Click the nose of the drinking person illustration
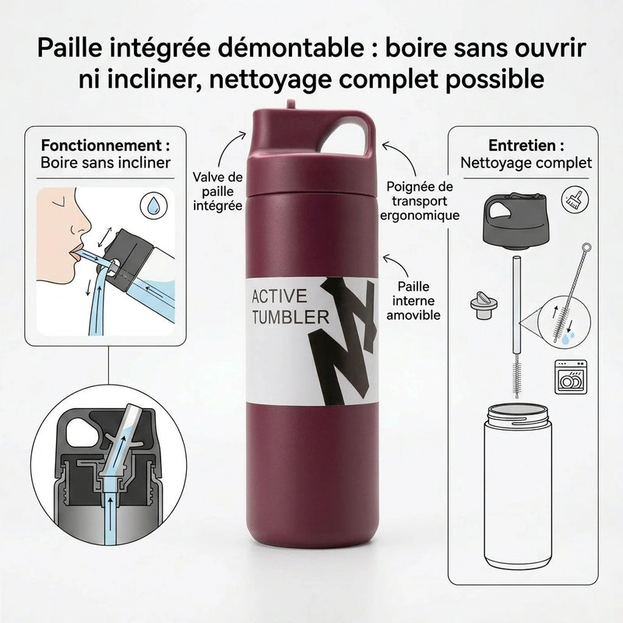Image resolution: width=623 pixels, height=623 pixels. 77,228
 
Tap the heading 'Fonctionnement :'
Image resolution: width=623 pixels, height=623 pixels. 105,146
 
